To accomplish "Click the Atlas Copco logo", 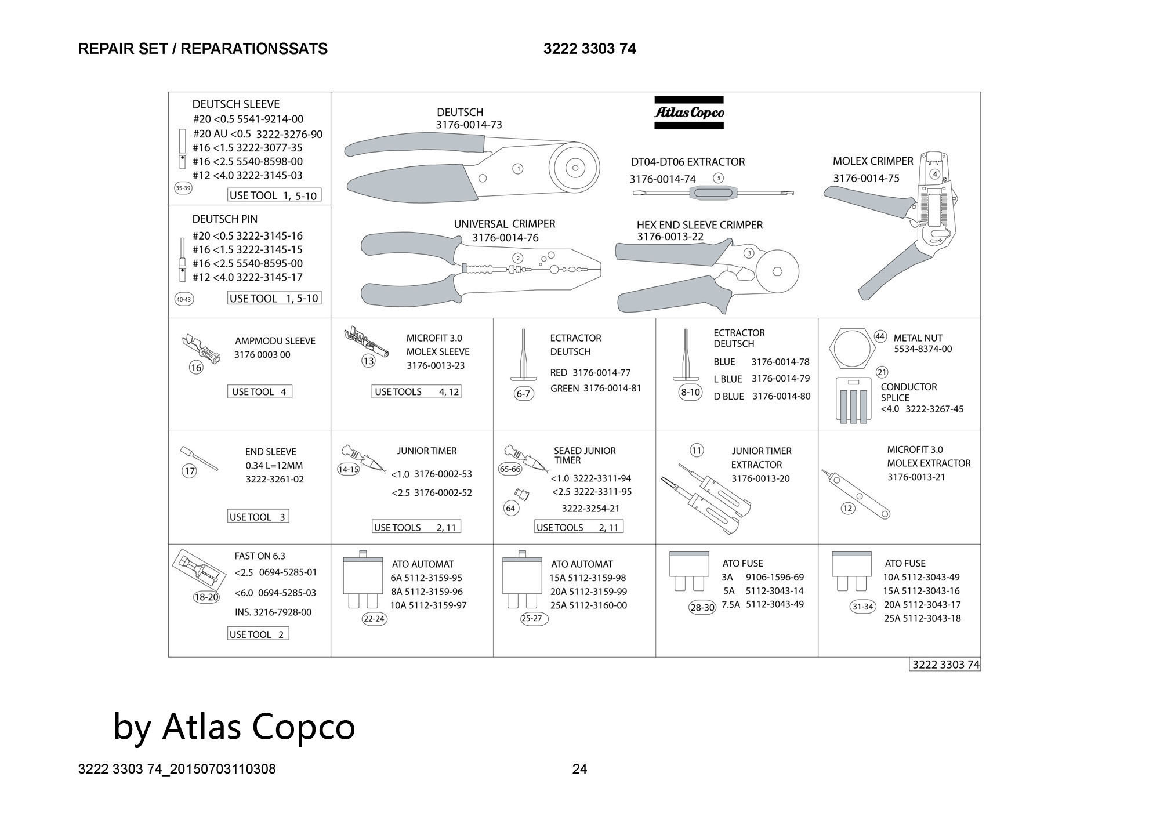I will [x=689, y=113].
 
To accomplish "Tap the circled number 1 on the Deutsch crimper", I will [x=518, y=169].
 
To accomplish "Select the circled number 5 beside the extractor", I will [x=718, y=178].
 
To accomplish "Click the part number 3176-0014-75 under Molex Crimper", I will [x=866, y=178].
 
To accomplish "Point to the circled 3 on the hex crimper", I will [x=749, y=253].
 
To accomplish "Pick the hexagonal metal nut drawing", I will [x=851, y=351].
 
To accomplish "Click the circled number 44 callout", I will [x=880, y=336].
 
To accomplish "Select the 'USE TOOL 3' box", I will [x=258, y=517].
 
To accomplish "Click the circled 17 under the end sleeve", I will [x=190, y=471].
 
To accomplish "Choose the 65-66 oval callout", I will [x=510, y=469].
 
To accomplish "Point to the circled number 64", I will [x=510, y=509].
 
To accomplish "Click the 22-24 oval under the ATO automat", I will [x=374, y=619].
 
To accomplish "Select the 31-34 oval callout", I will [x=862, y=607].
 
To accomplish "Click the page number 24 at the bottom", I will [x=579, y=769].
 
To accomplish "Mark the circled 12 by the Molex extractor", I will [x=848, y=508].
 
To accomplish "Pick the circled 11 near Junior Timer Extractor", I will [x=697, y=450].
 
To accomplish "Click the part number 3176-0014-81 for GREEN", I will [x=612, y=388].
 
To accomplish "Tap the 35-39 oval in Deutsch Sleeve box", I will [x=183, y=188].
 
